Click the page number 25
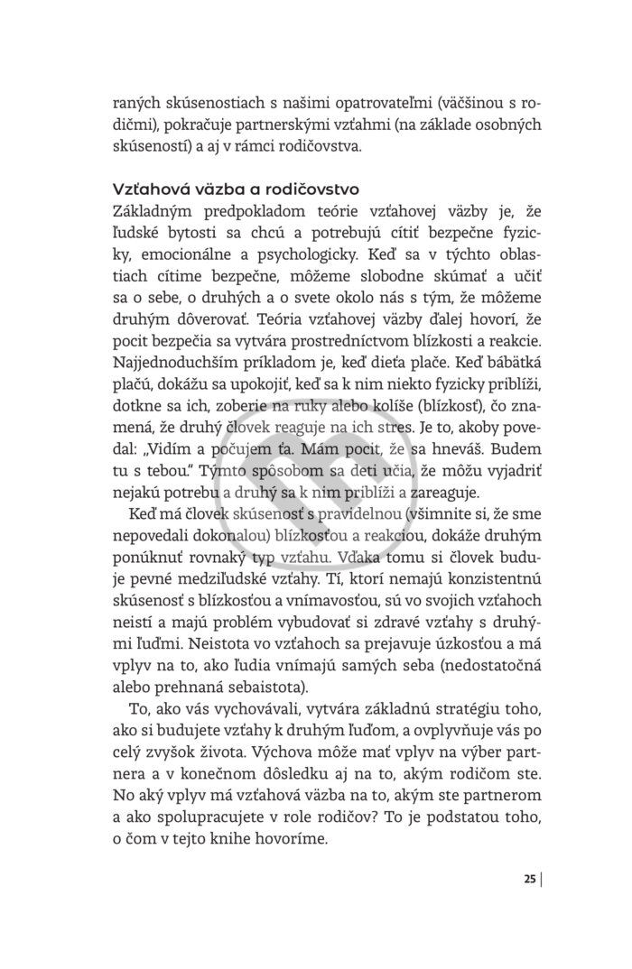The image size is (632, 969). [x=529, y=880]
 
